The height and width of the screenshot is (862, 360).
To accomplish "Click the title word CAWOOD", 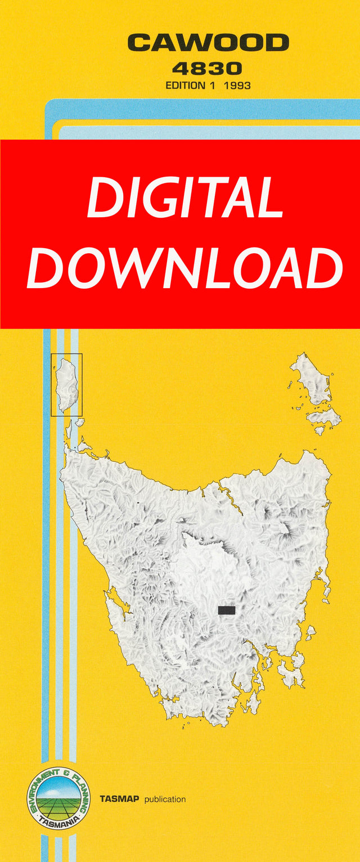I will (x=208, y=43).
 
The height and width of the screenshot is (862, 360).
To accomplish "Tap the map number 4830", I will (x=208, y=69).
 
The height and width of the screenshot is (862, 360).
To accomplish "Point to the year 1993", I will (x=236, y=86).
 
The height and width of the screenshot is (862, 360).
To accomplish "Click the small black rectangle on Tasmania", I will (x=226, y=610).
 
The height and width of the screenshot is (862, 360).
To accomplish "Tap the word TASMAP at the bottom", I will (x=119, y=799).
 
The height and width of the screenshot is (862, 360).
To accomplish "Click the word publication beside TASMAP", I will (x=165, y=799).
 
